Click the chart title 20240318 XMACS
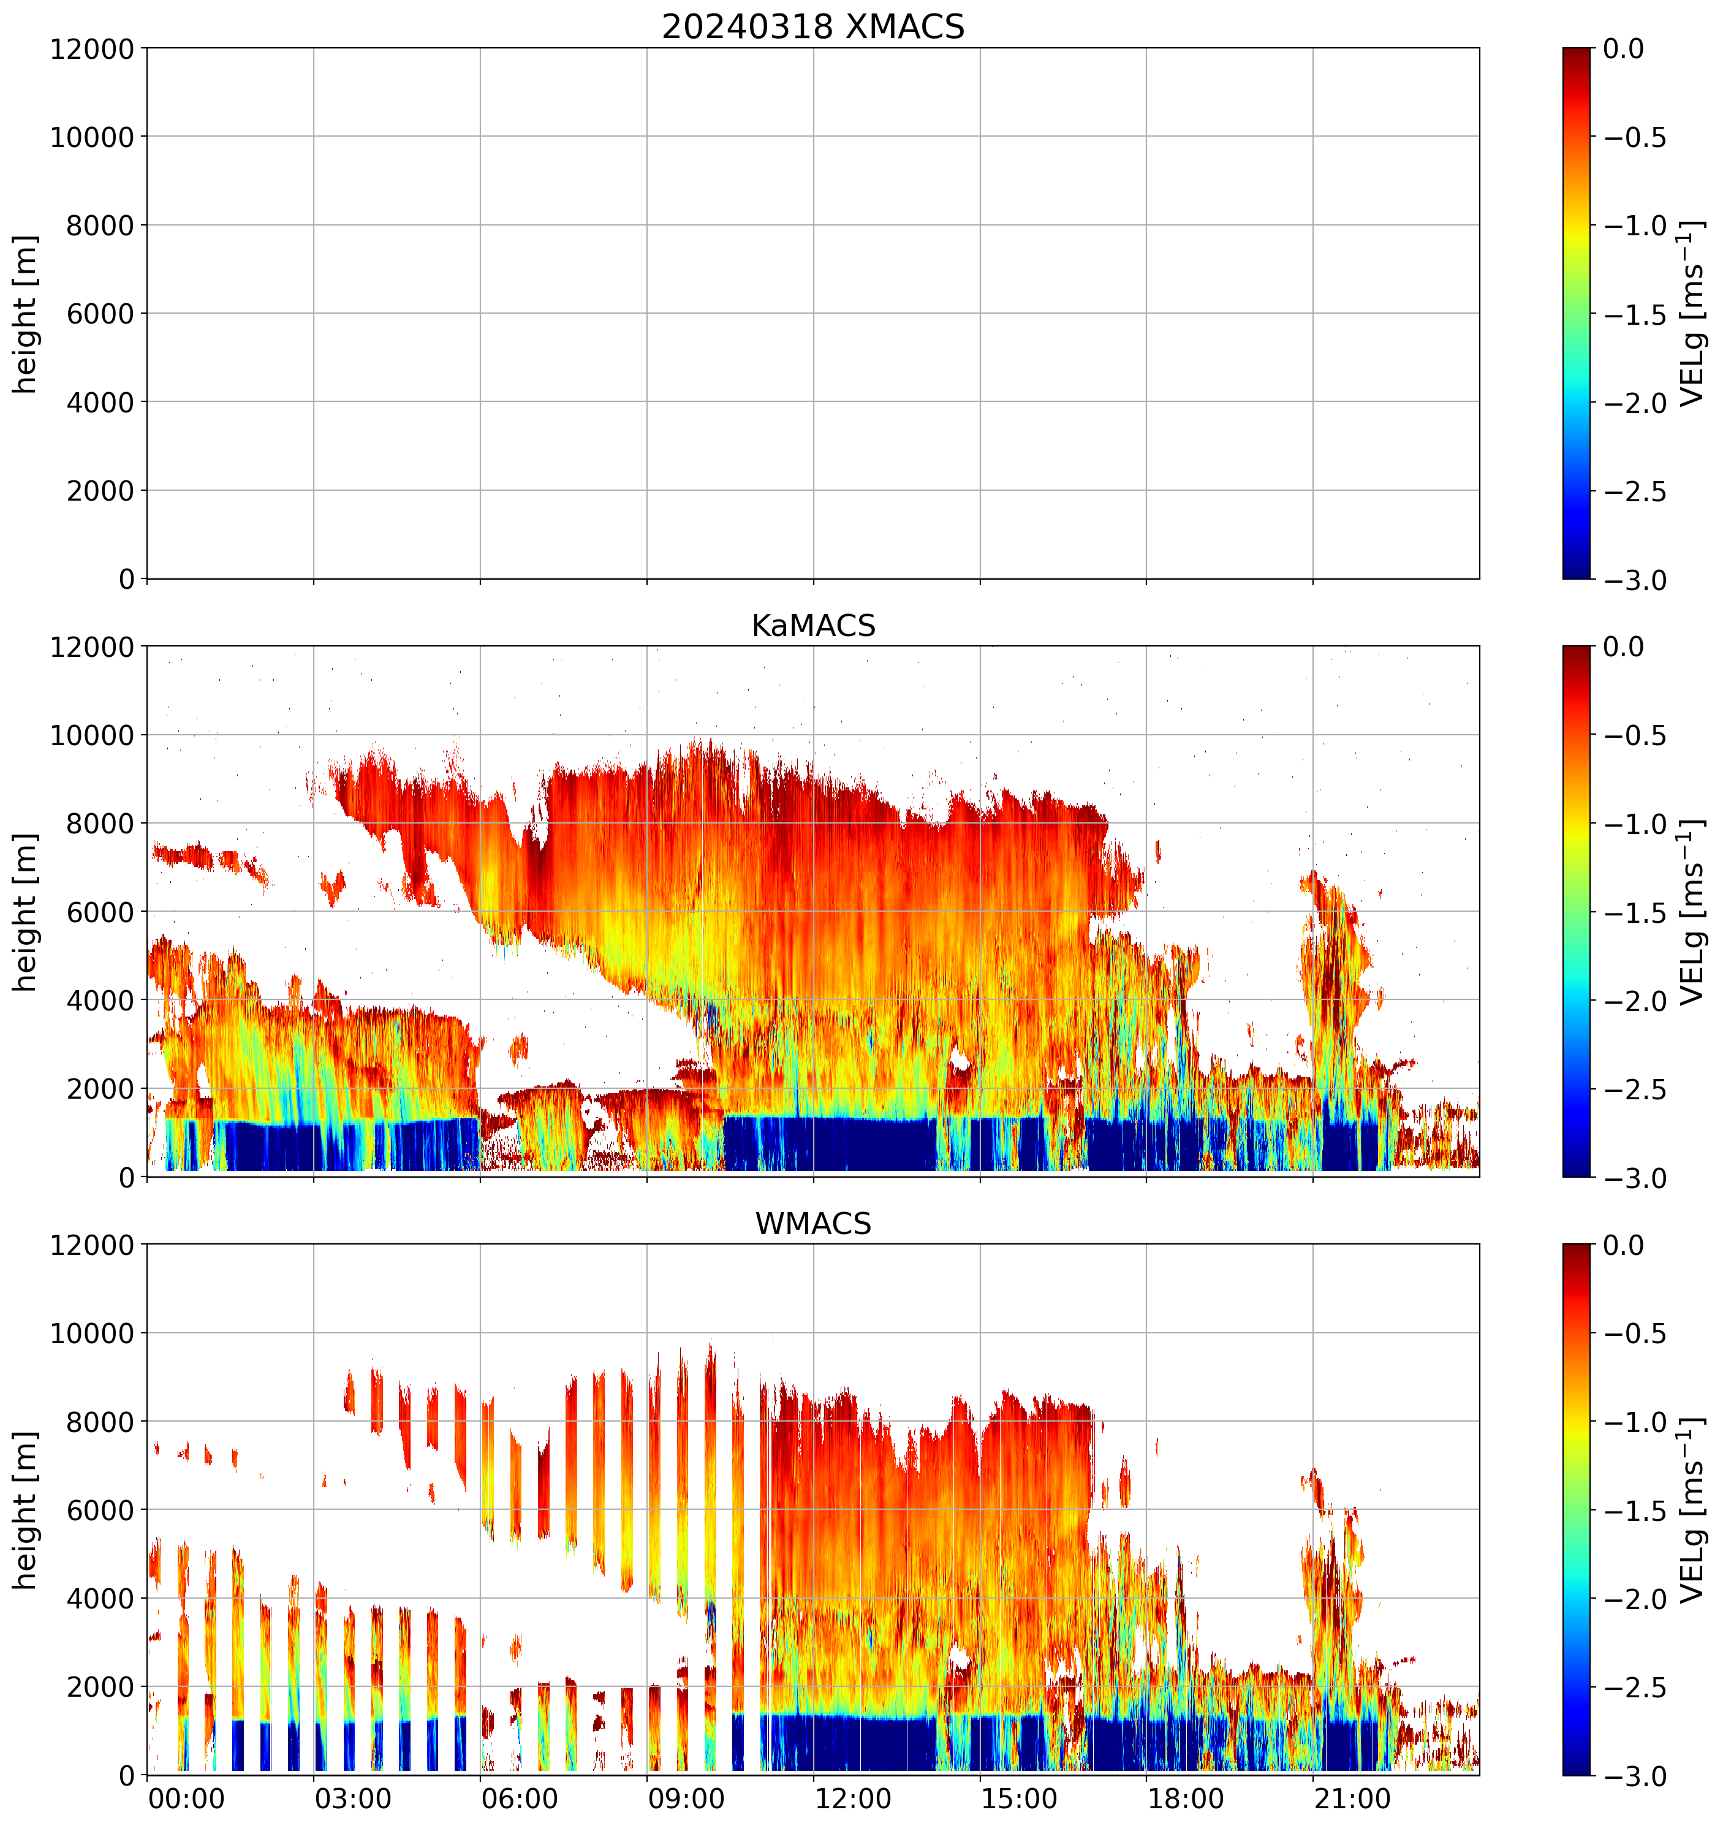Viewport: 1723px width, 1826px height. (x=813, y=26)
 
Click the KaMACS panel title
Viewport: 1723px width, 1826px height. (x=813, y=626)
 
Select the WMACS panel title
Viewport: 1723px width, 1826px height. (x=813, y=1224)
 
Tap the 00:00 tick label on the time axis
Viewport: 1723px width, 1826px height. (x=186, y=1798)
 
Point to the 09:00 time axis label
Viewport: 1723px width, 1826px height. (x=686, y=1798)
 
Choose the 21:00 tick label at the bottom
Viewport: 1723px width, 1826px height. (x=1352, y=1798)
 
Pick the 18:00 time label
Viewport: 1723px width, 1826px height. (x=1186, y=1798)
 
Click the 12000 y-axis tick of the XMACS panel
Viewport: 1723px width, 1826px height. (x=92, y=48)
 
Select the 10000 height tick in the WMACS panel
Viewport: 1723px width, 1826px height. (x=92, y=1334)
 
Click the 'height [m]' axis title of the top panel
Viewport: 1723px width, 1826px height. (x=26, y=314)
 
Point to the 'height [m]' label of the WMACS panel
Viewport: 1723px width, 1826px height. (x=26, y=1511)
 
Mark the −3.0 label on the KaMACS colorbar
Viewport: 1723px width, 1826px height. (x=1635, y=1178)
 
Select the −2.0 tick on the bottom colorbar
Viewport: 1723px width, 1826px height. (x=1635, y=1600)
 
